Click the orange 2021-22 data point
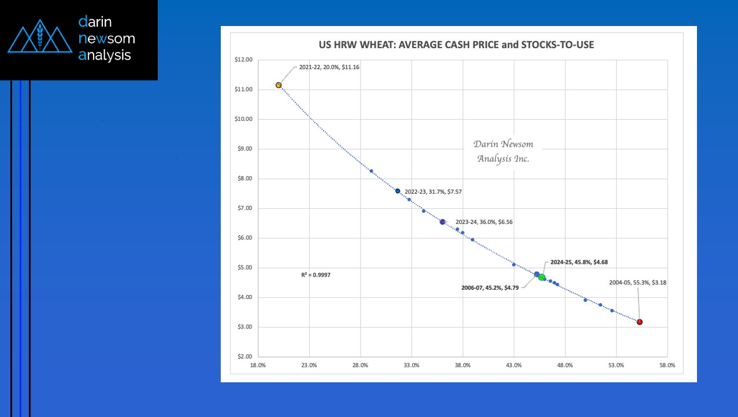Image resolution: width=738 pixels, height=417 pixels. point(279,85)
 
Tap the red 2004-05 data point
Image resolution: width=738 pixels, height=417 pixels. point(640,322)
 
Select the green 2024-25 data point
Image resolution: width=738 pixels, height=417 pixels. point(542,278)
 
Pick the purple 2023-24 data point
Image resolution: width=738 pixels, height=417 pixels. point(443,222)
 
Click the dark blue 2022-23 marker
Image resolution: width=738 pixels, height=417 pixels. point(398,191)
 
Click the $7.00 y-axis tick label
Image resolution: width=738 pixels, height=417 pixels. point(243,208)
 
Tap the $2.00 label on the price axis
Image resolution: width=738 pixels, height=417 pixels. point(243,357)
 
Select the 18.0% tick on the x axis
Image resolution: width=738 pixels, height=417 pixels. point(258,366)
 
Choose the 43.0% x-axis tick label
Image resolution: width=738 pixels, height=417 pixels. point(514,366)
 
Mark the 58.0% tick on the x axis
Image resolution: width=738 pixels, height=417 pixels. point(667,366)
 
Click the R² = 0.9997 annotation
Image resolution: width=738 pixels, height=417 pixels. point(316,275)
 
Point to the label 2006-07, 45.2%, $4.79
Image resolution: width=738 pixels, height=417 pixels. point(489,287)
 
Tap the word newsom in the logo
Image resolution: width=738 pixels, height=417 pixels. point(106,39)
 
